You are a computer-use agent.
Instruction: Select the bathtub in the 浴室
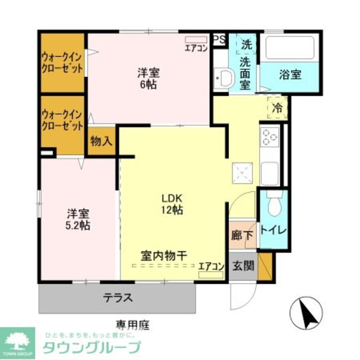pyautogui.click(x=290, y=48)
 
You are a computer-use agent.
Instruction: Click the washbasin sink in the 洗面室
pyautogui.click(x=225, y=77)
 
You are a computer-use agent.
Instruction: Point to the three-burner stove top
pyautogui.click(x=270, y=137)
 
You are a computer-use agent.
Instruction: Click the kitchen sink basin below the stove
pyautogui.click(x=270, y=173)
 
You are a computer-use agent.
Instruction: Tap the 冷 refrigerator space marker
pyautogui.click(x=278, y=107)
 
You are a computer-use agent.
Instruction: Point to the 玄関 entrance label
pyautogui.click(x=243, y=266)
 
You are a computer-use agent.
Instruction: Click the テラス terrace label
pyautogui.click(x=118, y=298)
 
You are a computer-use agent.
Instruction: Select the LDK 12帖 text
pyautogui.click(x=172, y=204)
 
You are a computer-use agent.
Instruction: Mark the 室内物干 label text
pyautogui.click(x=163, y=256)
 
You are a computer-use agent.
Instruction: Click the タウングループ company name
pyautogui.click(x=91, y=347)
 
